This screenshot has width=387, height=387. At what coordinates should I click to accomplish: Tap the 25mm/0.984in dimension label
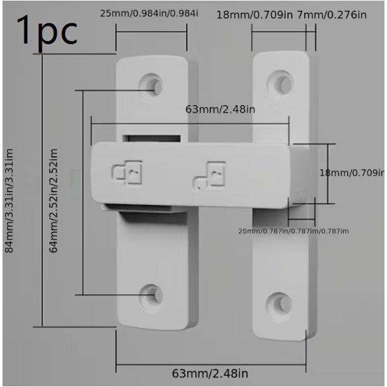(149, 13)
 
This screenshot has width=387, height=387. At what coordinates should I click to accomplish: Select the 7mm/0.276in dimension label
(332, 15)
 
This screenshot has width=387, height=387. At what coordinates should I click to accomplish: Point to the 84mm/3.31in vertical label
(9, 200)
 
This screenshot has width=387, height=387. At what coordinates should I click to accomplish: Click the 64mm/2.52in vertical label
(53, 200)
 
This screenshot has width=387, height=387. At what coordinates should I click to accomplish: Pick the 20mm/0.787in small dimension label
(293, 231)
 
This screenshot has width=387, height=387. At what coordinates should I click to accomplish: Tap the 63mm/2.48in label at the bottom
(210, 374)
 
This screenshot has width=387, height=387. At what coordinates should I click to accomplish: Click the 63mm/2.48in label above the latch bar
(220, 109)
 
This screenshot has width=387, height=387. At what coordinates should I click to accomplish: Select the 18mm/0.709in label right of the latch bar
(352, 173)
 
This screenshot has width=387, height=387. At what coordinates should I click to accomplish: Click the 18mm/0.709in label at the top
(254, 15)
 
